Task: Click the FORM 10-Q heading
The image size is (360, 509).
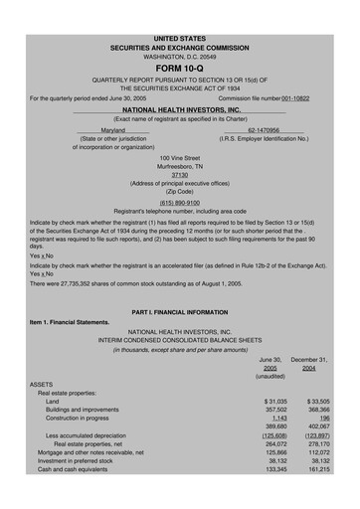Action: pyautogui.click(x=179, y=68)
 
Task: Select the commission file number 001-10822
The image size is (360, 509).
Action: pyautogui.click(x=304, y=98)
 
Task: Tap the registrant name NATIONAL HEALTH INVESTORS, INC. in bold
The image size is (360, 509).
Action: pyautogui.click(x=179, y=109)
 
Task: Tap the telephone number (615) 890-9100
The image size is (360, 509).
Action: pyautogui.click(x=179, y=202)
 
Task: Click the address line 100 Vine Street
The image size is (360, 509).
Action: pyautogui.click(x=179, y=157)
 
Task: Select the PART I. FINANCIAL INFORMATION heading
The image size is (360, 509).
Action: pyautogui.click(x=179, y=312)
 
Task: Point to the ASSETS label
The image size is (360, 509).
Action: pyautogui.click(x=42, y=383)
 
